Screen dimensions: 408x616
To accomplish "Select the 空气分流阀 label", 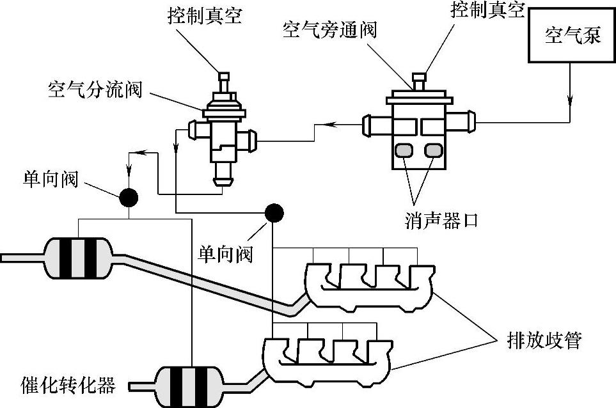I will coord(94,89).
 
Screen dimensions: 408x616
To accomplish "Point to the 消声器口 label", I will coord(441,221).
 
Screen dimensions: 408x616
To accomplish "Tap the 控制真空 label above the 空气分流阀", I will coord(205,16).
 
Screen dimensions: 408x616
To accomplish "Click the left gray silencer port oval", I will coord(405,151).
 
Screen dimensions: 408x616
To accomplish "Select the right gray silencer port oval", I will coord(434,151).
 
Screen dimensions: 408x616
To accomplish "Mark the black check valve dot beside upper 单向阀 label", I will coord(129,197).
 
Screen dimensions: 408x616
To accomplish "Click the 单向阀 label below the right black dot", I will coord(225,254).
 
